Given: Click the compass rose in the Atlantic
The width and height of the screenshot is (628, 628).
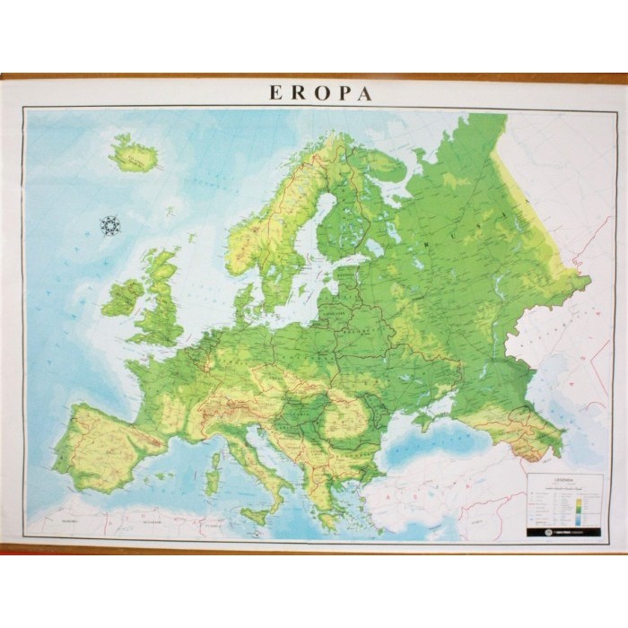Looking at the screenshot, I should (110, 225).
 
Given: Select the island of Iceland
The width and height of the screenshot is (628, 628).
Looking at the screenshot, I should (135, 154).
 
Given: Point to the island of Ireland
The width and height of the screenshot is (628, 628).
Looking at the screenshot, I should (123, 298).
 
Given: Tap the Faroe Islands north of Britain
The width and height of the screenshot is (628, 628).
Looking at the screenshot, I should (169, 212).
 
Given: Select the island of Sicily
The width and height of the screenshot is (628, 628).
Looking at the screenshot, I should (256, 516).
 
